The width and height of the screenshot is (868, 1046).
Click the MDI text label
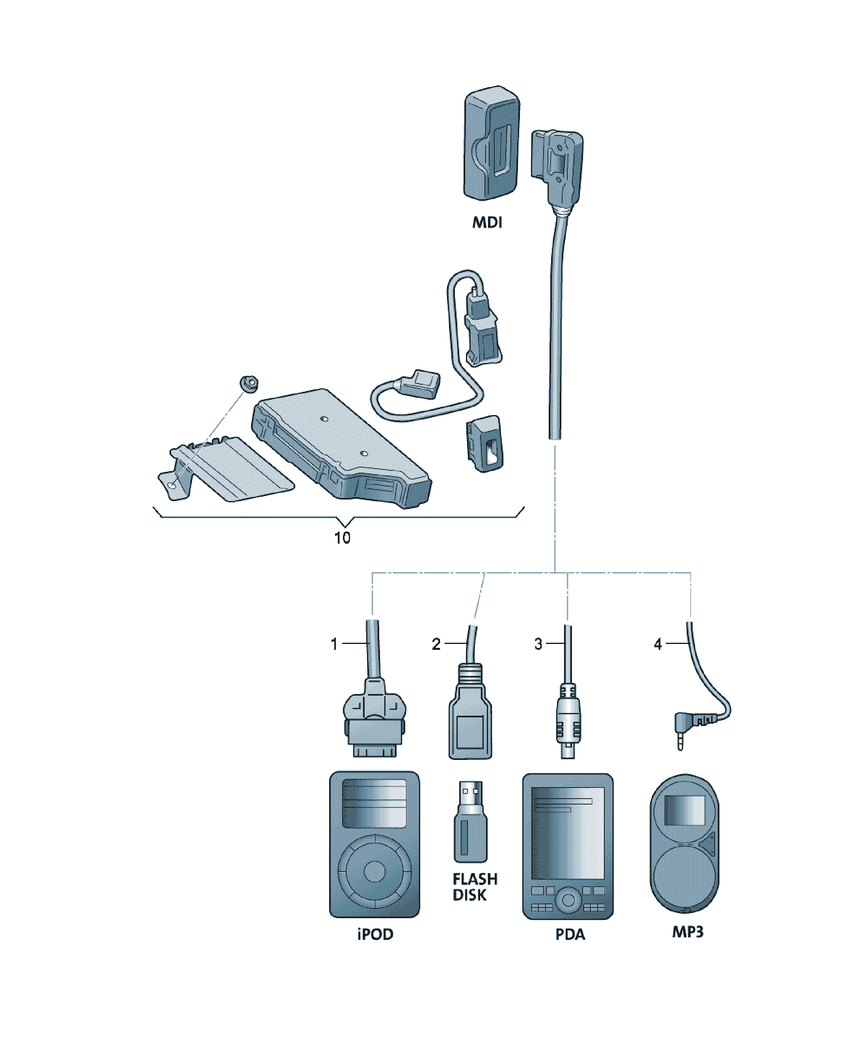[487, 222]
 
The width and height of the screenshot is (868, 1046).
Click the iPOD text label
[375, 934]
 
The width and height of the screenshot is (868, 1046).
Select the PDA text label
[570, 934]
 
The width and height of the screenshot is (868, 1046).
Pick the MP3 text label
[688, 932]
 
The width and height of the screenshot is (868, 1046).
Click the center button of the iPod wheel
[374, 871]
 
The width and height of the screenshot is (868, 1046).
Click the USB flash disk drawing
[470, 821]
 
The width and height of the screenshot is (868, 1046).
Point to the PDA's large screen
[568, 833]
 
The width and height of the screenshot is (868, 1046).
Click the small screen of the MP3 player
[685, 811]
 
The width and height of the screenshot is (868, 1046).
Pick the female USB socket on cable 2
[470, 720]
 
